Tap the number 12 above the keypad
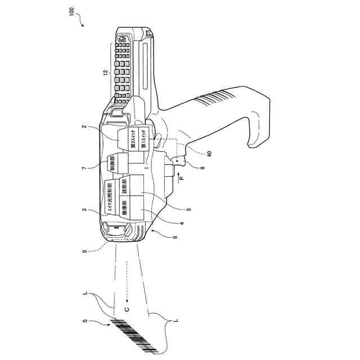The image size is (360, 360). (105, 73)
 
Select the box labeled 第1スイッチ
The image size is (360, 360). (143, 139)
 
